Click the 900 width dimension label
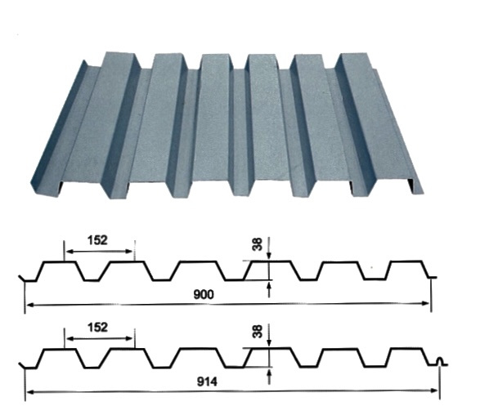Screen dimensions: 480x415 204,294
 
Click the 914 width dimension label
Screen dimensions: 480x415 207,382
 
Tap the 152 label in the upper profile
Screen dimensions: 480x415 97,240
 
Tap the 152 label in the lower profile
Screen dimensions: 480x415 97,328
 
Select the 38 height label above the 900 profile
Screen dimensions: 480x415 258,244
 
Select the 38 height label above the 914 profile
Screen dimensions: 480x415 258,331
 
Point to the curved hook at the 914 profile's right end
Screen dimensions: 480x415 441,361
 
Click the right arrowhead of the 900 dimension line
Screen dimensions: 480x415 426,303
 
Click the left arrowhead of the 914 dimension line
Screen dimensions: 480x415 30,392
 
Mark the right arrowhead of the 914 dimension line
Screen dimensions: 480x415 435,390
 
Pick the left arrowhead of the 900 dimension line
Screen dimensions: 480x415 30,305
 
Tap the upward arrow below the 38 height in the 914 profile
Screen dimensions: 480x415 269,377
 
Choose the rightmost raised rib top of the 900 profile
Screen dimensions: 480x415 406,261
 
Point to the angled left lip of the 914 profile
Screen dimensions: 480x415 22,365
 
